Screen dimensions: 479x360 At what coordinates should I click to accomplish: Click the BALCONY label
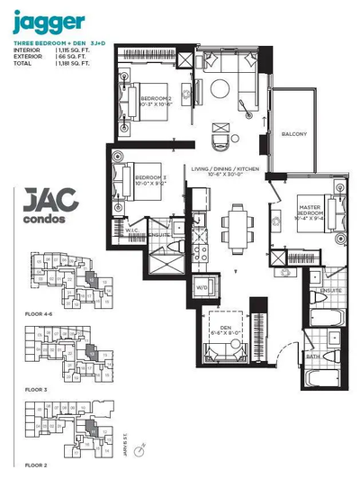[x=293, y=135]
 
